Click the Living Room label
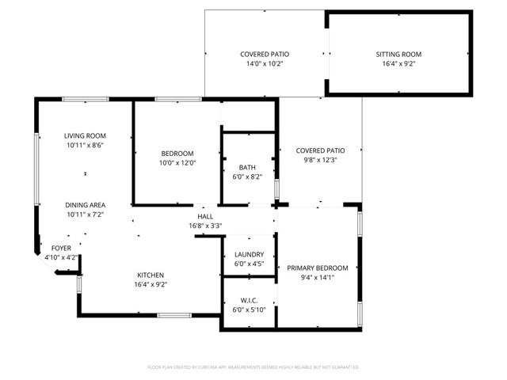click(85, 135)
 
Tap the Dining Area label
click(85, 204)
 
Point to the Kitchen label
click(150, 275)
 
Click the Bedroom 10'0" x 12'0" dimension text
click(177, 163)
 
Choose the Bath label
click(247, 167)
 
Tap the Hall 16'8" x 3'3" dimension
click(205, 226)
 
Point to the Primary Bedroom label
click(318, 268)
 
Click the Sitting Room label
click(398, 55)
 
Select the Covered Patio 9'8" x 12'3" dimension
click(320, 160)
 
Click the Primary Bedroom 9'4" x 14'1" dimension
click(318, 278)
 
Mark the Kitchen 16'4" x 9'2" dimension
click(150, 285)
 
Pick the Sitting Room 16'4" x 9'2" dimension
click(398, 64)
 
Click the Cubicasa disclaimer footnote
click(253, 367)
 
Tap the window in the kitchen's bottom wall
click(173, 315)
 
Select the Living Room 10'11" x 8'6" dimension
click(85, 146)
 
